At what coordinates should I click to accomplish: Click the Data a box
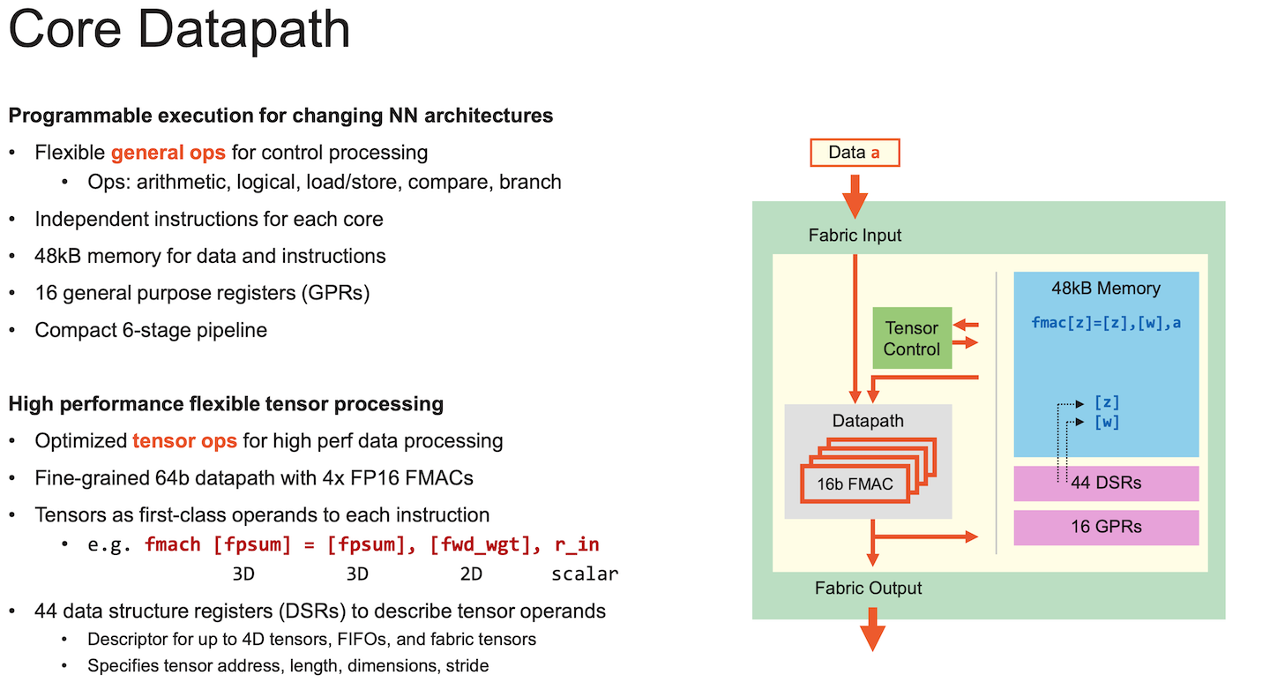coord(854,153)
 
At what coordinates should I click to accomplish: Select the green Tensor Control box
coord(912,338)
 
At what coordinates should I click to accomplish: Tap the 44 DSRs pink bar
coord(1106,483)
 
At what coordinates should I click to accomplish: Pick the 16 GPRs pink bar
coord(1106,527)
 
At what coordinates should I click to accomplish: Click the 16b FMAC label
coord(855,483)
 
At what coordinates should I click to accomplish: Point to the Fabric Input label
coord(855,236)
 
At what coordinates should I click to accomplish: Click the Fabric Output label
coord(868,589)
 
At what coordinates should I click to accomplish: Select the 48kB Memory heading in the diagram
coord(1106,289)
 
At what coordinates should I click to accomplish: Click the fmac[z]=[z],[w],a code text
coord(1106,322)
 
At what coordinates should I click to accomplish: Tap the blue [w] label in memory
coord(1106,422)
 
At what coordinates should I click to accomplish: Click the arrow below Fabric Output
coord(872,633)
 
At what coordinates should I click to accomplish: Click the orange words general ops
coord(168,153)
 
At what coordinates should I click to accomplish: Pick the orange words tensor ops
coord(184,440)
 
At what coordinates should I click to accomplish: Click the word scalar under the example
coord(585,574)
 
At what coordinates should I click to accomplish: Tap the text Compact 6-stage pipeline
coord(151,330)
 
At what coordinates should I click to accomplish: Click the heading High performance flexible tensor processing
coord(226,404)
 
